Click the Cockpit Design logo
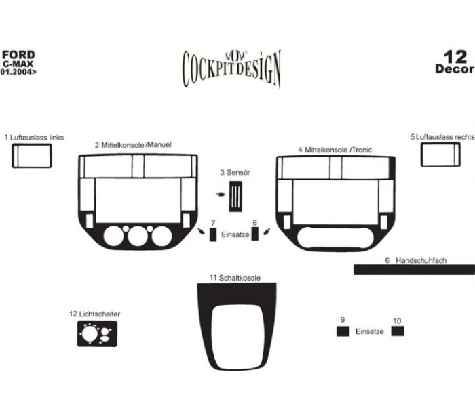coord(232,68)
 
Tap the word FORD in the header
coord(18,55)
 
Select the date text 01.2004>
coord(18,72)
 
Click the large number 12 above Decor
coord(455,57)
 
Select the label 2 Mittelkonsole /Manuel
coord(133,145)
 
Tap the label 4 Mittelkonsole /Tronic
coord(335,150)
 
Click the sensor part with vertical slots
coord(235,197)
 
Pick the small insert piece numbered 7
coord(213,234)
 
